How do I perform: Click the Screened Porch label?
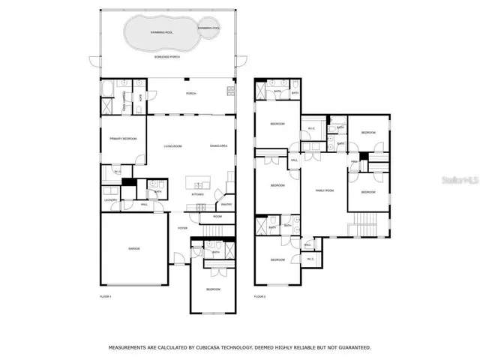pyautogui.click(x=166, y=56)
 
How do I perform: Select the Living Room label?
pyautogui.click(x=173, y=145)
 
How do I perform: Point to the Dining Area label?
pyautogui.click(x=218, y=145)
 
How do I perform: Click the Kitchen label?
pyautogui.click(x=197, y=194)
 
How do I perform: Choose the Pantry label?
pyautogui.click(x=226, y=204)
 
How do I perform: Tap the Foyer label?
pyautogui.click(x=182, y=227)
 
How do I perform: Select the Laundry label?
pyautogui.click(x=109, y=200)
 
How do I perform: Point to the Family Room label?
pyautogui.click(x=323, y=190)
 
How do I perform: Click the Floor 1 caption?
pyautogui.click(x=105, y=298)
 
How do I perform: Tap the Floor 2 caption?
pyautogui.click(x=259, y=298)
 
